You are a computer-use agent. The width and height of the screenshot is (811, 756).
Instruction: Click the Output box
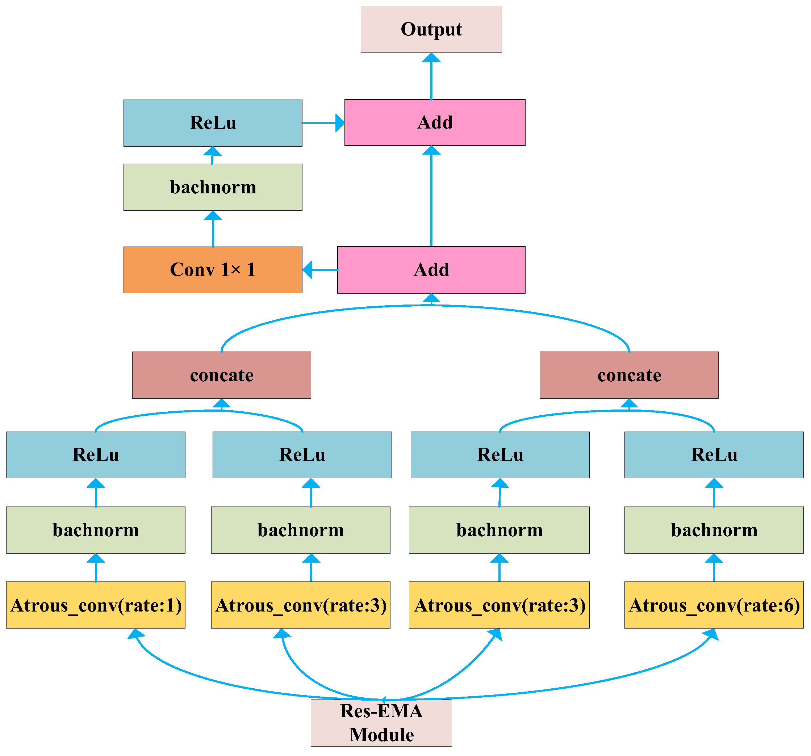tap(431, 29)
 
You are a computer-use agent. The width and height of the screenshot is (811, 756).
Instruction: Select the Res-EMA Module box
tap(381, 723)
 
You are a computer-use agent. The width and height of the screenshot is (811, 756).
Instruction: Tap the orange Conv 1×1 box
tap(213, 269)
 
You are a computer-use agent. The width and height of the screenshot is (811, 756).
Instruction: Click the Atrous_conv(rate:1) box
tap(96, 605)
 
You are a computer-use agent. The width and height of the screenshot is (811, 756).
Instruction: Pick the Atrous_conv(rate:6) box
tap(714, 605)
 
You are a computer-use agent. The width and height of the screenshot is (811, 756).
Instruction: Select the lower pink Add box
tap(431, 269)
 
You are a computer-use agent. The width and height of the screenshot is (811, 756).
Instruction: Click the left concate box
tap(222, 375)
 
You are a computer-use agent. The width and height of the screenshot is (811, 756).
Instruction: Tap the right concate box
tap(629, 375)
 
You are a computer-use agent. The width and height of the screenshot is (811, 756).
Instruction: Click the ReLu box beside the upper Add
tap(213, 123)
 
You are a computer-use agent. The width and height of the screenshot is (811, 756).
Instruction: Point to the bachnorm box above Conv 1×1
tap(213, 187)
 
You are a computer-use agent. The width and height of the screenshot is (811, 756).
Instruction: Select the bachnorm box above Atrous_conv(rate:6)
tap(714, 530)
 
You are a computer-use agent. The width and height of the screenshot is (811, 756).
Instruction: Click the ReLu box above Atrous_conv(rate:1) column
tap(96, 455)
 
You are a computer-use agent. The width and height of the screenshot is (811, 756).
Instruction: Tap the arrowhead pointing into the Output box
tap(431, 58)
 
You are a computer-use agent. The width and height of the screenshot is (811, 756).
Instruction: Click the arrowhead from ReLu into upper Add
tap(339, 123)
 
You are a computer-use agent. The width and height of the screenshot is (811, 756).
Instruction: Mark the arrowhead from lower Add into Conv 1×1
tap(308, 269)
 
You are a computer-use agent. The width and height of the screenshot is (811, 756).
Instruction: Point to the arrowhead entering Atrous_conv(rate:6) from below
tap(711, 634)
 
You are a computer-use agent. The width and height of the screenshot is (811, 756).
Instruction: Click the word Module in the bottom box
tap(381, 735)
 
